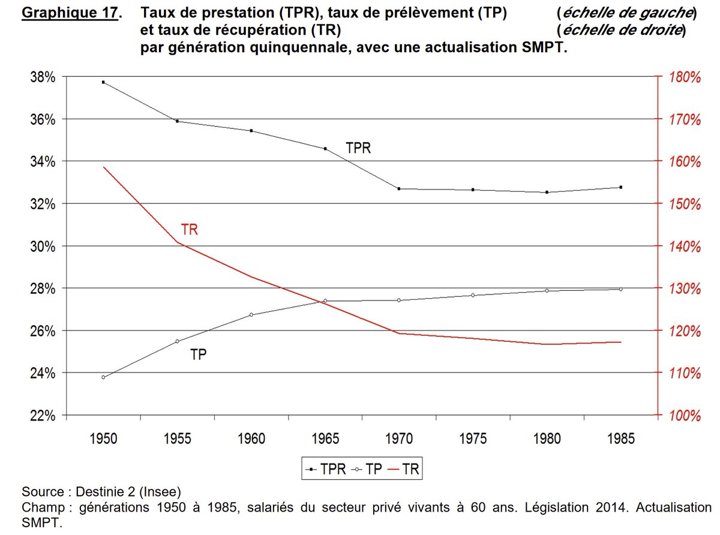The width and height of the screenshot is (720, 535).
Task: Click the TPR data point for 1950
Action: coord(103,82)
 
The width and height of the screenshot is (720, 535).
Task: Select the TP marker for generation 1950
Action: coord(103,377)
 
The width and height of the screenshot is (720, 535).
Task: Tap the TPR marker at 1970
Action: coord(399,189)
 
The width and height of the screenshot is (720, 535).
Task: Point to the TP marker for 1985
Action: coord(620,289)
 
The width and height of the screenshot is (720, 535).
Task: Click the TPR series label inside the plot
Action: coord(358,148)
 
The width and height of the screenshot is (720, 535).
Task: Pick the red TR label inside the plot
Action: coord(189,230)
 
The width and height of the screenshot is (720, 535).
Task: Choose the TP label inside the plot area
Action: coord(199,354)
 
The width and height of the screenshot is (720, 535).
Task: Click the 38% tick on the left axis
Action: coord(43,77)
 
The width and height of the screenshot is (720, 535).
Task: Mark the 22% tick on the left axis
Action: coord(43,416)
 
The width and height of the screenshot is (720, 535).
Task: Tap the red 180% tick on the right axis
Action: coord(684,77)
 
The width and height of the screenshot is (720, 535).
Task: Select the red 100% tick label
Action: coord(684,416)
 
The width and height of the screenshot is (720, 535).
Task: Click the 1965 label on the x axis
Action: coord(325,439)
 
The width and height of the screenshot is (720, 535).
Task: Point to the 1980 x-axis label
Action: coord(547,439)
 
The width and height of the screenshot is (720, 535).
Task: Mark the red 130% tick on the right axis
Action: coord(684,289)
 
